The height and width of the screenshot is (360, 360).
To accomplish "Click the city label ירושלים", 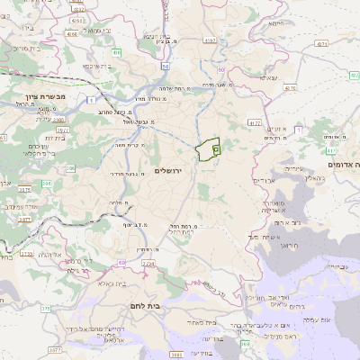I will pyautogui.click(x=168, y=170).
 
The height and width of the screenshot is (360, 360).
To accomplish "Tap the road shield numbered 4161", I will pyautogui.click(x=70, y=33).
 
